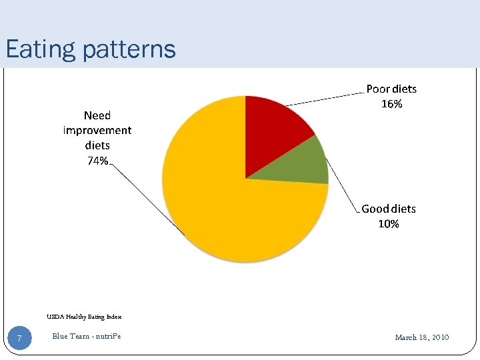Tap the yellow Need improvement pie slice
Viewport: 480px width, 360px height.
pos(220,200)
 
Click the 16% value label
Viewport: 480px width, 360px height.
pos(391,104)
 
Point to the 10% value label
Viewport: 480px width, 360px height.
pos(389,224)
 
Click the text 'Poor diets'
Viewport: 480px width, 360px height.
pos(391,89)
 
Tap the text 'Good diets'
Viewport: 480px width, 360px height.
pos(389,209)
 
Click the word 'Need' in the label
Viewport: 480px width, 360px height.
pos(97,115)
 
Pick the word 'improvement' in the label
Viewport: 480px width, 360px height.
pos(97,130)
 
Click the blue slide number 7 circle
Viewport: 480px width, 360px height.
pos(19,339)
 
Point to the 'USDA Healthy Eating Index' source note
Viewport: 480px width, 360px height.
pos(84,317)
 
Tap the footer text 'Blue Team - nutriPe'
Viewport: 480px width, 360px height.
pos(87,336)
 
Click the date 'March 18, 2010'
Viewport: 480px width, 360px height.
pos(422,337)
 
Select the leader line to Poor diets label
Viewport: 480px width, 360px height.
pos(327,97)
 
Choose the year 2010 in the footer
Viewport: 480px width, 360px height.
pos(439,337)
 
